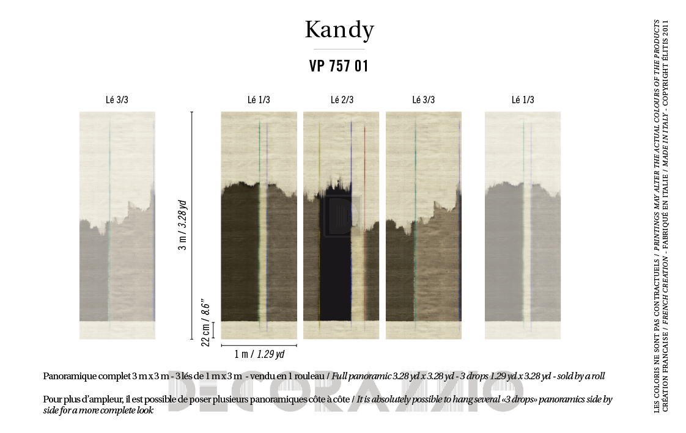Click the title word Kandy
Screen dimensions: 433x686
[339, 30]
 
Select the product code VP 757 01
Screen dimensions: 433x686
[339, 67]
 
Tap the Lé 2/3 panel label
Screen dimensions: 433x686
[342, 100]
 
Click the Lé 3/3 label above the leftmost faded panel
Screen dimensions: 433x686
[117, 100]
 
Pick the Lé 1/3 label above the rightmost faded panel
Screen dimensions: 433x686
[523, 100]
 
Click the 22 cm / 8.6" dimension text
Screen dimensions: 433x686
[206, 322]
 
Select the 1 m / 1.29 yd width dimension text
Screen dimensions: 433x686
[259, 354]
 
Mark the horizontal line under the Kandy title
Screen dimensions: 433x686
[339, 49]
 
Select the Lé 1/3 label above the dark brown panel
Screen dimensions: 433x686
[259, 100]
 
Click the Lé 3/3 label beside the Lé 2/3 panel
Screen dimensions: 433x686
[424, 100]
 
